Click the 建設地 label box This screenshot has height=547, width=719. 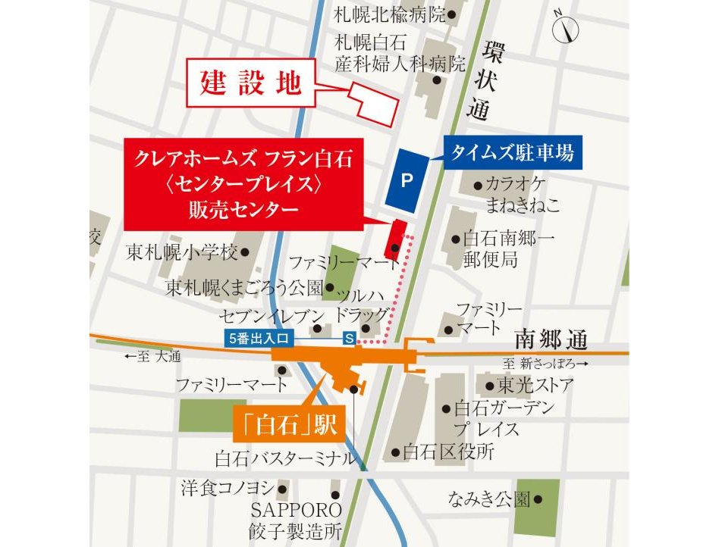click(x=250, y=83)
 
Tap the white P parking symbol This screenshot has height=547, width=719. click(x=407, y=180)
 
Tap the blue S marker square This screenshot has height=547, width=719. click(x=350, y=339)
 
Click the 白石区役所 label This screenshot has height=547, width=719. click(x=448, y=453)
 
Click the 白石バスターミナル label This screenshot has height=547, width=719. click(x=284, y=458)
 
